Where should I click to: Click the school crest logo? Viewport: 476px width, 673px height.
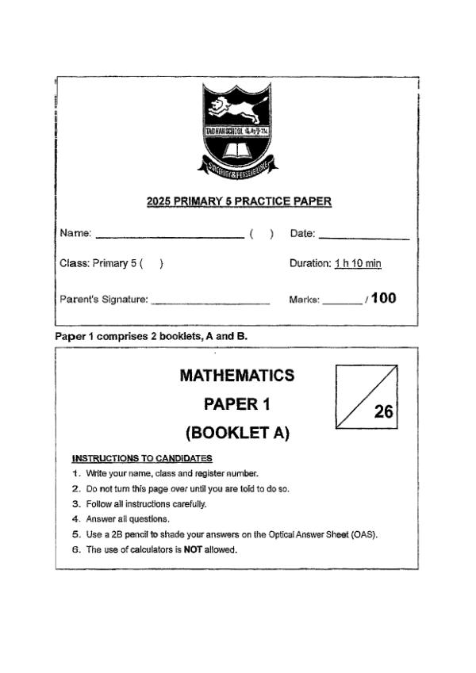(x=238, y=130)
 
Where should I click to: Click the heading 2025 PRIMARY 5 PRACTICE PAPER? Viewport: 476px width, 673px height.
(x=239, y=201)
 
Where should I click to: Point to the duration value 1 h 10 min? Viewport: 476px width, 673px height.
(x=358, y=263)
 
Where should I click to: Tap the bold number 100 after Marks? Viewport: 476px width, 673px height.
(x=383, y=298)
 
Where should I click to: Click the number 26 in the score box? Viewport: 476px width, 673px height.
(x=383, y=411)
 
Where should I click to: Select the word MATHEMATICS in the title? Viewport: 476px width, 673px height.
(x=237, y=375)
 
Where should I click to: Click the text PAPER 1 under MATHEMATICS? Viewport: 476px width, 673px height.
(x=237, y=404)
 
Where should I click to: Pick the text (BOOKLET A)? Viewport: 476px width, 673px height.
(x=237, y=433)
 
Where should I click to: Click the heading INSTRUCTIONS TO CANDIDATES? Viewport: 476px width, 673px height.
(x=142, y=458)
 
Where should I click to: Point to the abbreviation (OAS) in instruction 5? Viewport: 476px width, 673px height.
(x=364, y=534)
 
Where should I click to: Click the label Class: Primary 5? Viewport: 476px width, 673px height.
(x=98, y=263)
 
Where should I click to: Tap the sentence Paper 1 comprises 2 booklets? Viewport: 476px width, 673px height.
(x=151, y=336)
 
